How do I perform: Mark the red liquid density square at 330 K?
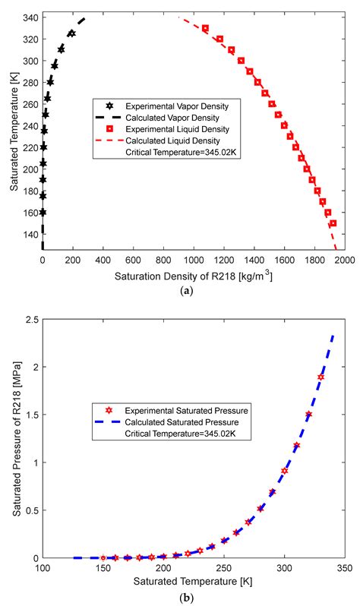205,28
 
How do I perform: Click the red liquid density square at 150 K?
333,223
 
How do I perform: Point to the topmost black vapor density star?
71,33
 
